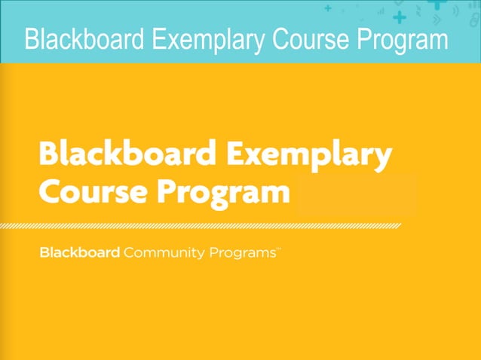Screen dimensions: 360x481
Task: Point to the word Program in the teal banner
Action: pyautogui.click(x=397, y=39)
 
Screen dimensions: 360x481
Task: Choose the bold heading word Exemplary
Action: pyautogui.click(x=305, y=157)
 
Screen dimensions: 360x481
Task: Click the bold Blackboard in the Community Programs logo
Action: pyautogui.click(x=79, y=252)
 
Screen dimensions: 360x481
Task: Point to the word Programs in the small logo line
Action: pyautogui.click(x=241, y=253)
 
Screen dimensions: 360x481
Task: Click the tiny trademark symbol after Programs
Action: pyautogui.click(x=279, y=249)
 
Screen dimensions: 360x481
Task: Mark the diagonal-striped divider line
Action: pyautogui.click(x=219, y=225)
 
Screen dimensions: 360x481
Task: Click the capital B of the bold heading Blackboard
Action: pyautogui.click(x=48, y=155)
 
